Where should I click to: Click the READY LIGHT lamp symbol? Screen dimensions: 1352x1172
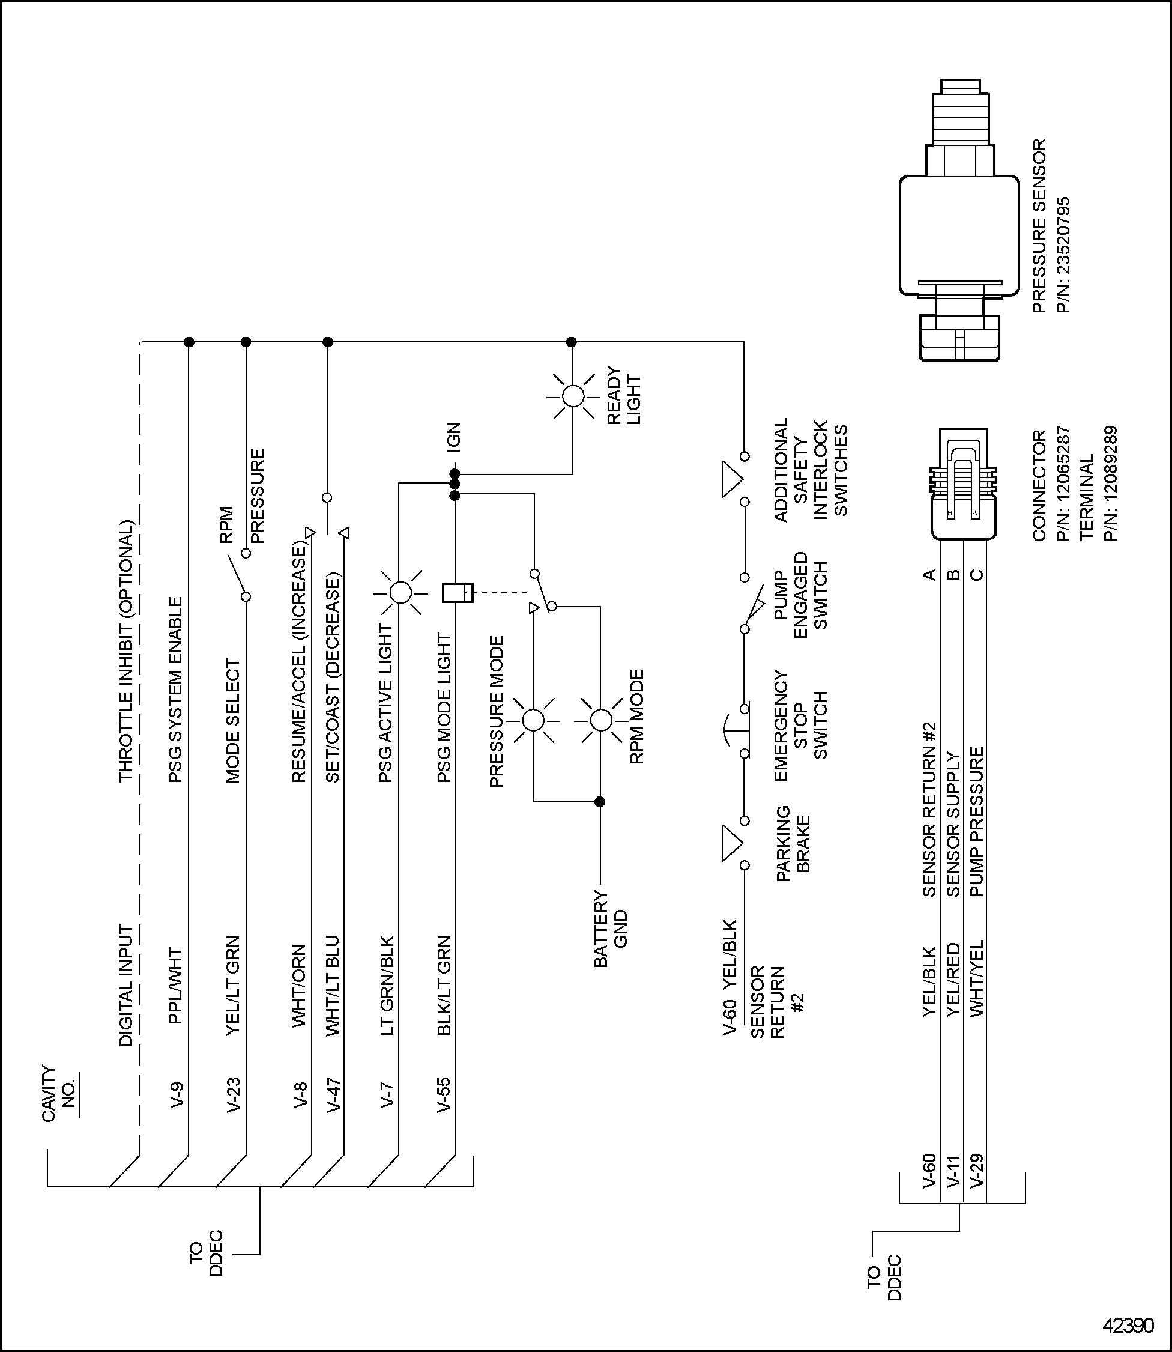[573, 396]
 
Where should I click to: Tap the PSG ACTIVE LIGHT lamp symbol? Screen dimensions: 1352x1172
[400, 593]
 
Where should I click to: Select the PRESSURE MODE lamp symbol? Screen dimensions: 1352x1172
[534, 720]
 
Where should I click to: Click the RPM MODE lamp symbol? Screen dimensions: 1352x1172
[600, 720]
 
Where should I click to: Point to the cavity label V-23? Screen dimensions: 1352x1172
[234, 1094]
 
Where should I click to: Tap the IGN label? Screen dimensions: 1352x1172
[453, 436]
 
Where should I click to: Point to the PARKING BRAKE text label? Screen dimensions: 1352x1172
[793, 844]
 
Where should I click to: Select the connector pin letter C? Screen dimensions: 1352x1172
[976, 575]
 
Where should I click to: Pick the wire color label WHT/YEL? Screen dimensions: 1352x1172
[976, 978]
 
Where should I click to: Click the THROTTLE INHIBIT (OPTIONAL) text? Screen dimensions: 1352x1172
[125, 651]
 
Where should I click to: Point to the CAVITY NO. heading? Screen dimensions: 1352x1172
[59, 1094]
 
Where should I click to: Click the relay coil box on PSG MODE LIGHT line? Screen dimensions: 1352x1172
[457, 593]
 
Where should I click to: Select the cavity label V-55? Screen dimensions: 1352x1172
[444, 1094]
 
